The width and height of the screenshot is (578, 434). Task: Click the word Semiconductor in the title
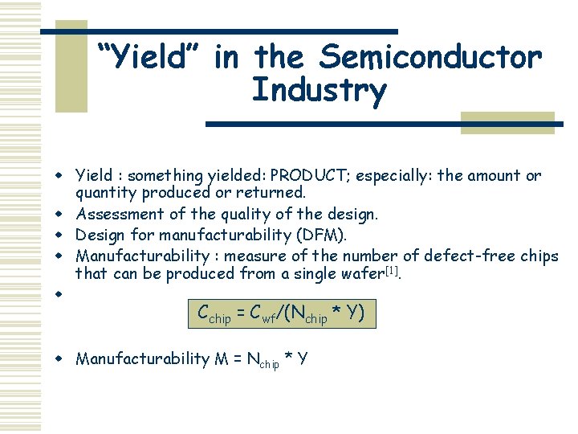(430, 57)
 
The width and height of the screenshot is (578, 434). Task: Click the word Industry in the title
(319, 90)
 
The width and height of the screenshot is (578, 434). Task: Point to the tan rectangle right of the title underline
(507, 121)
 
